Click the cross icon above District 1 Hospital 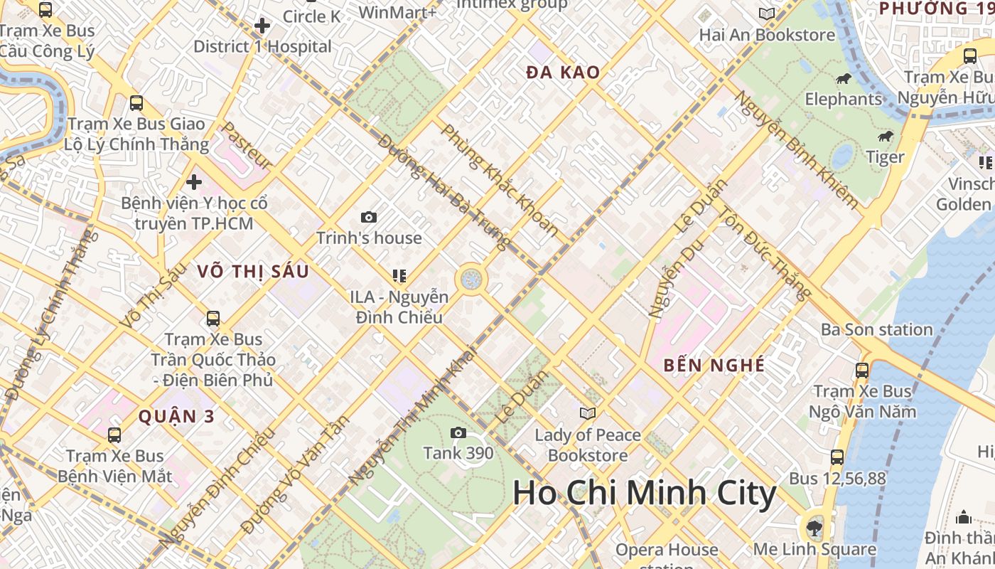click(262, 26)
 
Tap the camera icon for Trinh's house click(368, 217)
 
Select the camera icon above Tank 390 click(458, 432)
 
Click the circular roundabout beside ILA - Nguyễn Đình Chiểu click(470, 279)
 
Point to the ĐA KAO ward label click(563, 73)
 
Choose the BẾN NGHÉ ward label click(714, 366)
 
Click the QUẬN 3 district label click(176, 417)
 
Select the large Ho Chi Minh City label click(644, 493)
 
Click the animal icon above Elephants click(844, 78)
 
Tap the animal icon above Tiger click(885, 137)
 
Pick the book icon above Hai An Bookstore click(766, 14)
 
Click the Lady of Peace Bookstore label click(588, 445)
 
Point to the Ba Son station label click(876, 330)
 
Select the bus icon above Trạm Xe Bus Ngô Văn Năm click(862, 370)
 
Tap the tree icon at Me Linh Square click(814, 528)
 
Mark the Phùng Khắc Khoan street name click(500, 180)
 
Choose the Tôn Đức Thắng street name click(764, 253)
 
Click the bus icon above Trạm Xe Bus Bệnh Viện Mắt click(114, 435)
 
